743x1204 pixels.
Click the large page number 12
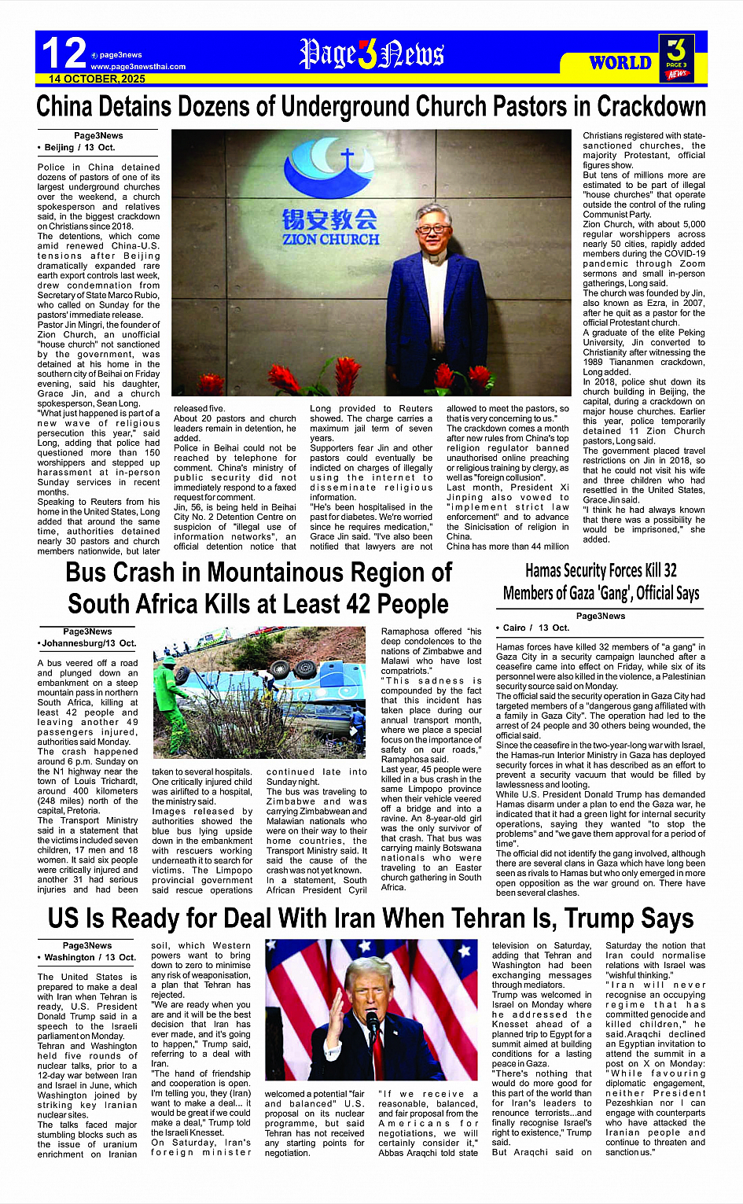[x=63, y=53]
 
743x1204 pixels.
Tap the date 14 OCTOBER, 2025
[x=97, y=79]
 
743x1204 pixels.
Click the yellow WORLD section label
[x=620, y=63]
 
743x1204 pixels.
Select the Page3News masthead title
[x=372, y=54]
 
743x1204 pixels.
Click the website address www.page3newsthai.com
[x=138, y=67]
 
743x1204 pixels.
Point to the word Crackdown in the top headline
[x=651, y=106]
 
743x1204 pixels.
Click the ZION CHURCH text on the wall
[x=330, y=239]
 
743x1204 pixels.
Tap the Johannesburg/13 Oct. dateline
[x=88, y=643]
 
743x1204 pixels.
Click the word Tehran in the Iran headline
[x=445, y=919]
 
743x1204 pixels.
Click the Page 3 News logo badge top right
[x=675, y=57]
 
